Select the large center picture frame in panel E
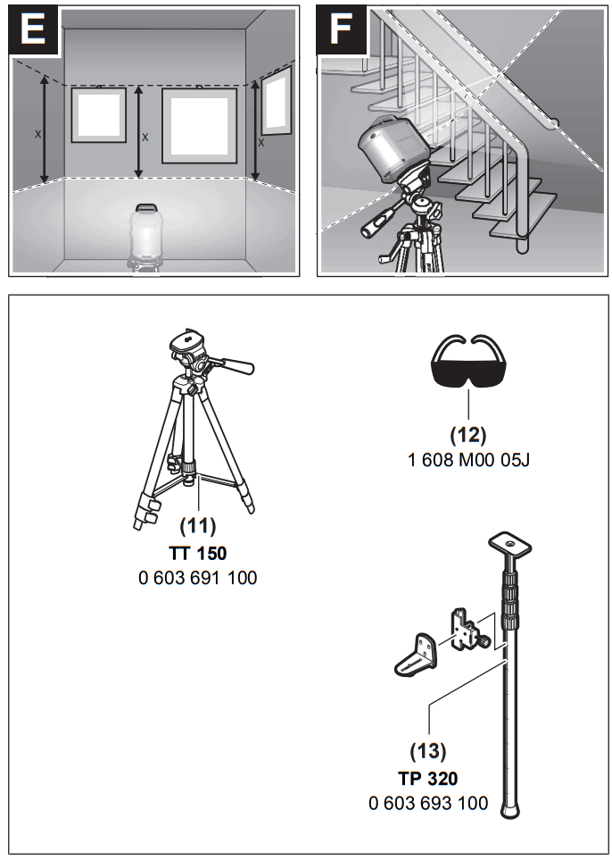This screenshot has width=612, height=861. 199,126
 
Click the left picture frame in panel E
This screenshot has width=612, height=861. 98,114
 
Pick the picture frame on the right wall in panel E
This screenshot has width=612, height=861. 276,101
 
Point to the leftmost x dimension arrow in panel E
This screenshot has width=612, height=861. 44,130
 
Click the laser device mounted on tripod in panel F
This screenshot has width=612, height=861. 389,153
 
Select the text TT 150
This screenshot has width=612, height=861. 198,552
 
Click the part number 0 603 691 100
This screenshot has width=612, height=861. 198,578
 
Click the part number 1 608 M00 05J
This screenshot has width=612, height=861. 468,461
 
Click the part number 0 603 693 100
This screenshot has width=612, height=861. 428,803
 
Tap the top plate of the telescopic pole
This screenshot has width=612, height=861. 506,541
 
